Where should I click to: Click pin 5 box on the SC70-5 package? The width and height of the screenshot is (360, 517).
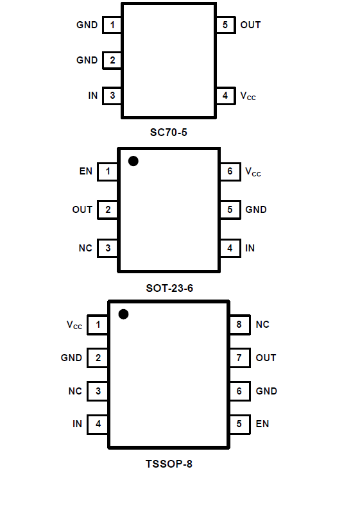coord(226,25)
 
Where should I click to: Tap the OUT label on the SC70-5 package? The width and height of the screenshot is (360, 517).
coord(250,25)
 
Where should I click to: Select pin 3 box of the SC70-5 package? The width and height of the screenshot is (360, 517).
coord(112,96)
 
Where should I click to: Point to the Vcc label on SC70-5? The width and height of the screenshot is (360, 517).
coord(248,96)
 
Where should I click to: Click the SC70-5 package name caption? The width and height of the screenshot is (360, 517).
coord(169,133)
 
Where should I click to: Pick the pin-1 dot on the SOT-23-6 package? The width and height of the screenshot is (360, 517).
coord(133,161)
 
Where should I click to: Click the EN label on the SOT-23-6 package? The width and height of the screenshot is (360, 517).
coord(86,171)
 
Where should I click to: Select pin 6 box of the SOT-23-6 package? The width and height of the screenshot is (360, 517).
coord(230,171)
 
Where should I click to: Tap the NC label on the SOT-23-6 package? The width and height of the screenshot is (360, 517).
coord(85,248)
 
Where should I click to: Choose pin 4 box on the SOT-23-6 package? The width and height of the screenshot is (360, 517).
coord(230,248)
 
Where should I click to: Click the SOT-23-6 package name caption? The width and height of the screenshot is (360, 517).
coord(169,289)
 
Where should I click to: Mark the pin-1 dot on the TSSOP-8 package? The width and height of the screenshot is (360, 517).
coord(123,314)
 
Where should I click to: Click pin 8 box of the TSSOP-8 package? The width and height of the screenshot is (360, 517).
coord(239,325)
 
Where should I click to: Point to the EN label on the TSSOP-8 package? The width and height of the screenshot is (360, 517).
coord(262,424)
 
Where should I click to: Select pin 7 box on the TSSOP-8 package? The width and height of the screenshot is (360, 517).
coord(239,358)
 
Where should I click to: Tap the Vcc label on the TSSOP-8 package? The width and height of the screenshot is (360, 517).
coord(74,325)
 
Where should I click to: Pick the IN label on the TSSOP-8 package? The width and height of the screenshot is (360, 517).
coord(77,424)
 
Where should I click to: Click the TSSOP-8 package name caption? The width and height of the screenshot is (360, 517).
coord(169,464)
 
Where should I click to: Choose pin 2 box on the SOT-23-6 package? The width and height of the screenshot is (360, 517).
coord(108,210)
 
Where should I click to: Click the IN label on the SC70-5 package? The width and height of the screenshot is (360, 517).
coord(93,96)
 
